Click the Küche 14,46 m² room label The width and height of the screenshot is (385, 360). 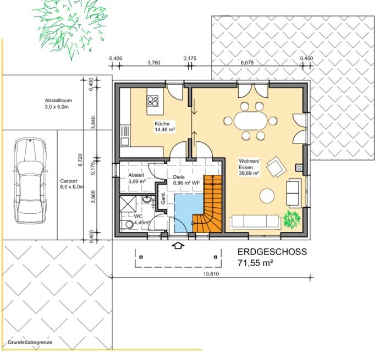click(165, 126)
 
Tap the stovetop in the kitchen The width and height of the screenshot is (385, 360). click(153, 101)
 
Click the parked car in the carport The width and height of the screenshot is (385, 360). click(30, 181)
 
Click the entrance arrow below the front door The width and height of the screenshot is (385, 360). click(178, 245)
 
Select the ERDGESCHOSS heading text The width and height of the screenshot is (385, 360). click(272, 252)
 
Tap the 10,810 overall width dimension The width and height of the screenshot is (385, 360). click(211, 274)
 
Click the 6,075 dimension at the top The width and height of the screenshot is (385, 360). click(247, 63)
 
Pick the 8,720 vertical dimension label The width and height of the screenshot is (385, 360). click(80, 160)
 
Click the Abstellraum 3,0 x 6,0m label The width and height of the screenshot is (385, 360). click(58, 103)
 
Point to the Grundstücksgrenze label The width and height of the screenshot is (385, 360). click(30, 342)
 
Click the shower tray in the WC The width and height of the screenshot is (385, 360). click(128, 204)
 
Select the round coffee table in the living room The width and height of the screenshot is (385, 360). click(267, 196)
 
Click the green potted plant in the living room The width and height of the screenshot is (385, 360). click(291, 219)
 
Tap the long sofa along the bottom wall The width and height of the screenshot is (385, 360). click(255, 222)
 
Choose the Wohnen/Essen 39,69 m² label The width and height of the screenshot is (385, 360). click(249, 167)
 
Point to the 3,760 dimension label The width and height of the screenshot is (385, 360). click(153, 63)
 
